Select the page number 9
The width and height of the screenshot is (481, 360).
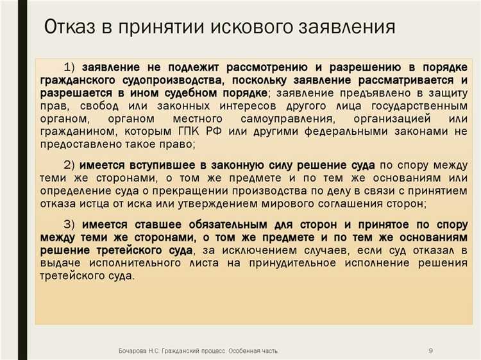(430, 350)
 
